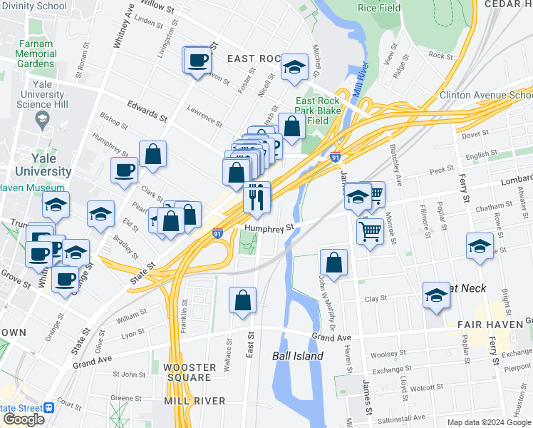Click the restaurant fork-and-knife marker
click(257, 197)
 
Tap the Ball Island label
click(298, 356)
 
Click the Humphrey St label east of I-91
click(269, 228)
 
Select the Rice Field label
click(379, 8)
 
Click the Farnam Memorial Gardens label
click(36, 53)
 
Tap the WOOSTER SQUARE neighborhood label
click(187, 372)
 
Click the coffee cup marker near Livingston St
click(199, 60)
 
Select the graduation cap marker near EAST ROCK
click(293, 67)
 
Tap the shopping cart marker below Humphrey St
click(371, 230)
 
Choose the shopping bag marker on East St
click(243, 300)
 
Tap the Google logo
click(24, 419)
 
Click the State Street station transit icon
click(49, 407)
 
